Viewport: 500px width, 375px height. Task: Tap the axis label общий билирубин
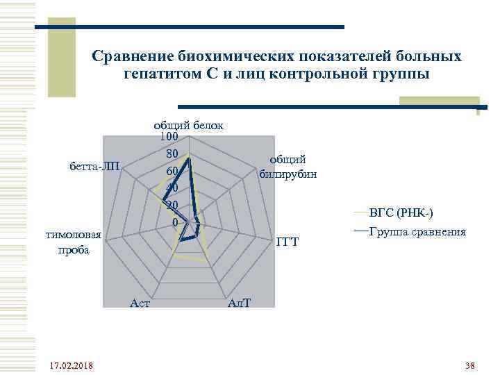pyautogui.click(x=287, y=167)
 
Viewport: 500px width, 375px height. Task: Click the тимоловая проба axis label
pyautogui.click(x=74, y=242)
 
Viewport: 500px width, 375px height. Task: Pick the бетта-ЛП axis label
pyautogui.click(x=95, y=166)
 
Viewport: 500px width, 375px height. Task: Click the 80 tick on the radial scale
pyautogui.click(x=173, y=153)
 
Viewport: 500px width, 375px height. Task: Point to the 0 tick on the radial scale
pyautogui.click(x=176, y=222)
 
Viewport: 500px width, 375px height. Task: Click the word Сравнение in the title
pyautogui.click(x=132, y=55)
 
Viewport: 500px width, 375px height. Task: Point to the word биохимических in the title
pyautogui.click(x=236, y=55)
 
